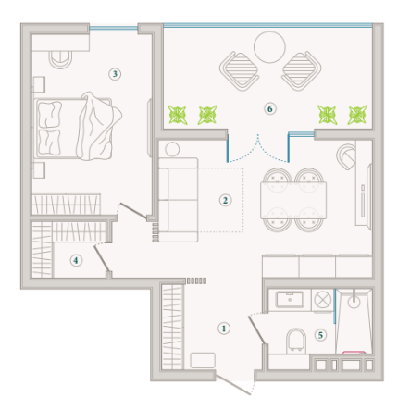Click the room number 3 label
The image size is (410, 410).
coord(115,74)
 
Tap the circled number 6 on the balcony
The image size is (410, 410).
coord(270,108)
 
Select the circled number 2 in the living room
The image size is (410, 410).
coord(225,200)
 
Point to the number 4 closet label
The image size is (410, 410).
coord(76,260)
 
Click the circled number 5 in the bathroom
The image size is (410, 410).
coord(320,335)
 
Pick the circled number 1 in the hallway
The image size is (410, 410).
coord(224,329)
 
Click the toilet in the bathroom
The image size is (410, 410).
coord(296,341)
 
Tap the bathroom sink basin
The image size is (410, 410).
coord(290,300)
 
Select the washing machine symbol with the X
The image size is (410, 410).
coord(323,300)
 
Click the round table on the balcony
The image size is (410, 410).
coord(269,47)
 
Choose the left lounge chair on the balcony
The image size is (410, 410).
coord(240,70)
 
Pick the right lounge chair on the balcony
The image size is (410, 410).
coord(302,70)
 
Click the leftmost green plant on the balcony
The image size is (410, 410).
coord(178,115)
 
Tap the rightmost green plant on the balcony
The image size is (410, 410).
coord(357,115)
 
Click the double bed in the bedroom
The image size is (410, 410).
coord(77,127)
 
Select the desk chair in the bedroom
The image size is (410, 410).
coord(61,59)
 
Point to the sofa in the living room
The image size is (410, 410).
coord(179,200)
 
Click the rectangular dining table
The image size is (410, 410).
coord(293,200)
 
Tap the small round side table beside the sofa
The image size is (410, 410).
coord(172,149)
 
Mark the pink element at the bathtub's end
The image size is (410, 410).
coord(354,352)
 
